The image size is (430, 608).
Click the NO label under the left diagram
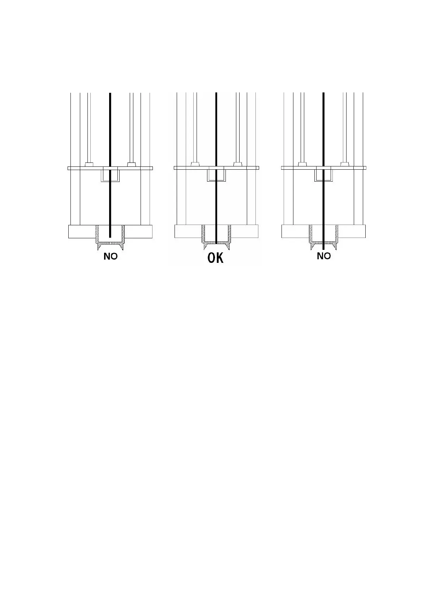tap(111, 256)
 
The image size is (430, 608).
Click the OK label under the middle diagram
tap(215, 258)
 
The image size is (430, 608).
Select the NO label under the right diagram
tap(324, 256)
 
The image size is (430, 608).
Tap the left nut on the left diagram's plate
tap(89, 164)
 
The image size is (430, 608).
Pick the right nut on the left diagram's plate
tap(131, 164)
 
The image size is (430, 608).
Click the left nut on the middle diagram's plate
tap(195, 164)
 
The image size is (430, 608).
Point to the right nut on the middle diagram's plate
tap(237, 164)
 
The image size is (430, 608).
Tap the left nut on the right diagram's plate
tap(302, 164)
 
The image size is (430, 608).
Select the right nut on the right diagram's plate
tap(344, 164)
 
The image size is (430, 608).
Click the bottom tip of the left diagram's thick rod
tap(110, 236)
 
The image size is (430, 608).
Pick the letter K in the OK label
tap(220, 258)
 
